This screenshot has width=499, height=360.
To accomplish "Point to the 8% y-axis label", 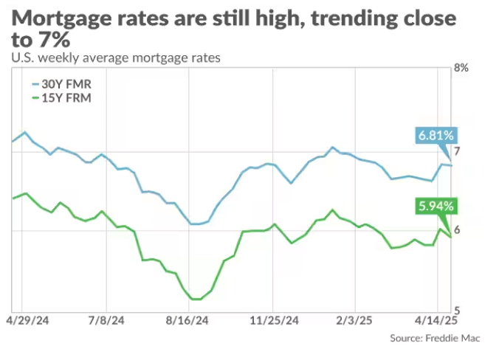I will pyautogui.click(x=461, y=68).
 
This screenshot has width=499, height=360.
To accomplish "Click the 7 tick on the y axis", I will pyautogui.click(x=457, y=151).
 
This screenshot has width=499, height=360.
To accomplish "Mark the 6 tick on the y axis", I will pyautogui.click(x=457, y=230).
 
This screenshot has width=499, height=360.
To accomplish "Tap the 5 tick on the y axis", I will pyautogui.click(x=457, y=309).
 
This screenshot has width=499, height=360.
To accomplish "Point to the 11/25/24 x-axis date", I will pyautogui.click(x=275, y=322).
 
